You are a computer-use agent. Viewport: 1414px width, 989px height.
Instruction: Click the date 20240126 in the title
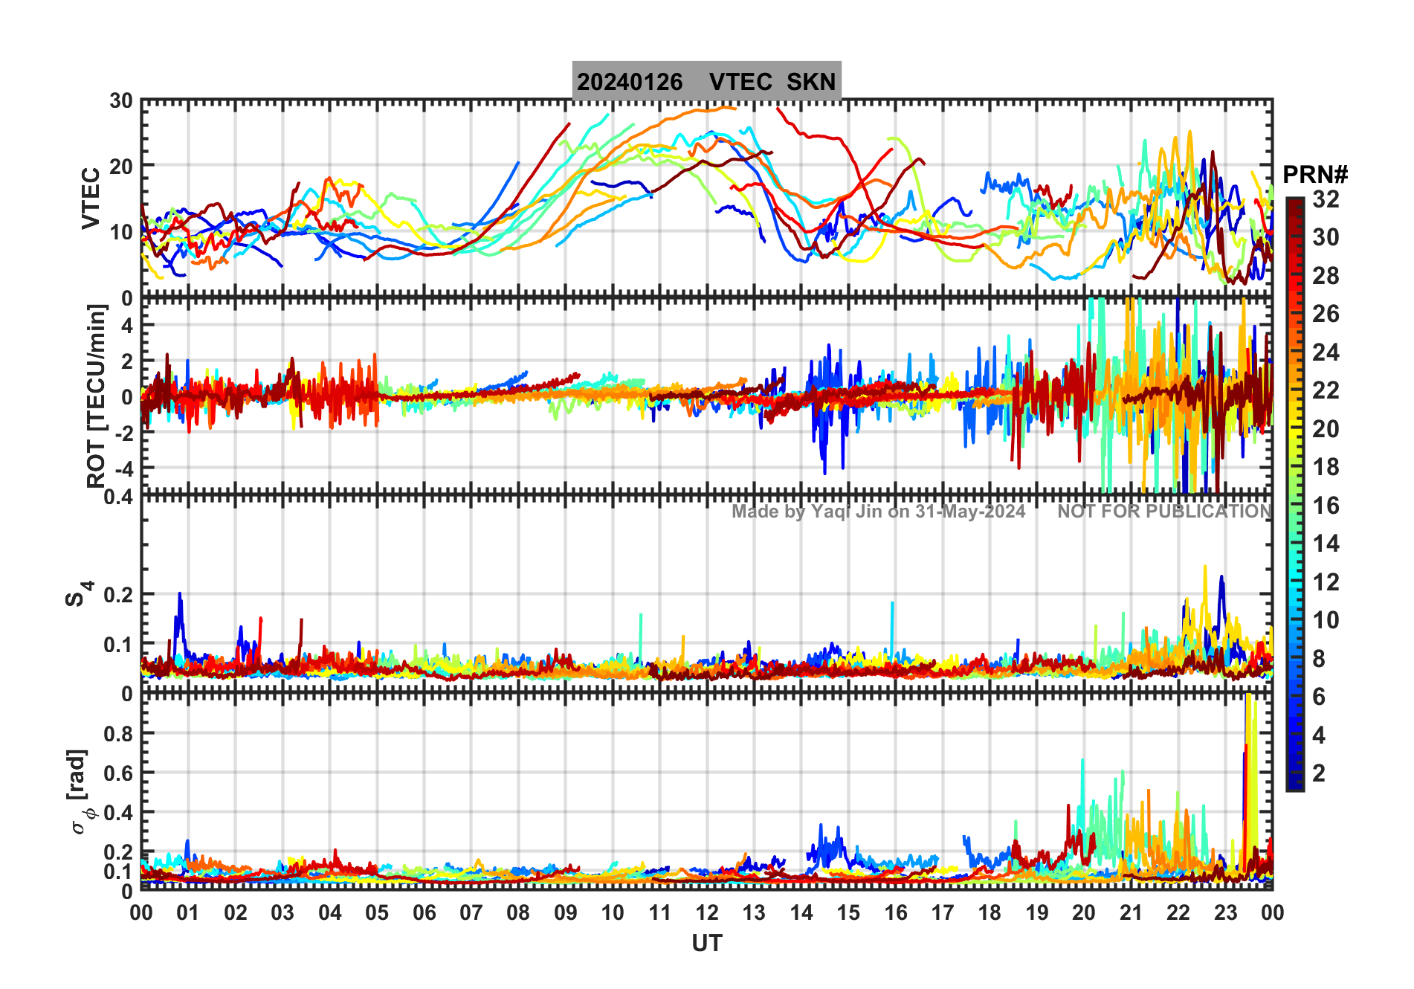point(630,82)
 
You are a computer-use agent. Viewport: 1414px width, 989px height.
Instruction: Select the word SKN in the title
point(811,82)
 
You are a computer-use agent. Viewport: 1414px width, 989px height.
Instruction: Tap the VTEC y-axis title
point(91,198)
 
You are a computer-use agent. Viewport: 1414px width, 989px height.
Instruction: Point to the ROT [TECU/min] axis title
point(96,396)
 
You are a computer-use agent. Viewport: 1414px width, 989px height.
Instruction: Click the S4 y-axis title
point(78,594)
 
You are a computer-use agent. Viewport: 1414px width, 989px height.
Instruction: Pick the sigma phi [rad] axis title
point(81,792)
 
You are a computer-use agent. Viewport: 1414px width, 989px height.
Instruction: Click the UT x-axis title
point(706,943)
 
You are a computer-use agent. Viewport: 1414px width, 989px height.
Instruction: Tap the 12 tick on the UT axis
point(706,912)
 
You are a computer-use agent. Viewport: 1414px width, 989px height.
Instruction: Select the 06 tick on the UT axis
point(424,912)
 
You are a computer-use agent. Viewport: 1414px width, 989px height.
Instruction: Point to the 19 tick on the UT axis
point(1036,912)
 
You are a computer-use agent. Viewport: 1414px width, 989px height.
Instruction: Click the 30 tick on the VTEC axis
point(121,101)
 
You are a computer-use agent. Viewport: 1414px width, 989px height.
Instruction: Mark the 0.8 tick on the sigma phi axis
point(119,733)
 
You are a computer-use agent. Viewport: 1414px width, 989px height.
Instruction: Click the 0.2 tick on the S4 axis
point(119,595)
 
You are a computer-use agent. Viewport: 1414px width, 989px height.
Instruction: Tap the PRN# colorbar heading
point(1315,175)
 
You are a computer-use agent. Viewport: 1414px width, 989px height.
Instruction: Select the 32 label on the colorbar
point(1326,199)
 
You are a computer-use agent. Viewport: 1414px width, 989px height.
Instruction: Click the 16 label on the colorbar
point(1326,506)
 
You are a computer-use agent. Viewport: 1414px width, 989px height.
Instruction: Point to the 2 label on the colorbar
point(1319,773)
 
